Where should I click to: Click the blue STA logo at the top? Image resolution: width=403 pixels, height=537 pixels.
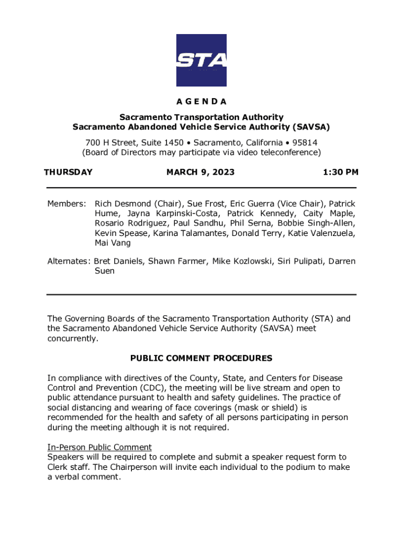[201, 60]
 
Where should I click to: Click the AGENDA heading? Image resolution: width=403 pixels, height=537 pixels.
[201, 101]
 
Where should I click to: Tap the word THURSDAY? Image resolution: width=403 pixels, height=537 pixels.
[68, 172]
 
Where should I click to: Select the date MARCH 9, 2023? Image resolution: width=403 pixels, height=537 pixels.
[200, 172]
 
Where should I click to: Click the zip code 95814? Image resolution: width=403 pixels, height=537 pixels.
[303, 142]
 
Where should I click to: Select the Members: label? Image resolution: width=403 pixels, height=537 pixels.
[66, 203]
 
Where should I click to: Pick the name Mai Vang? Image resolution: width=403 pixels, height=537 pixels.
[113, 243]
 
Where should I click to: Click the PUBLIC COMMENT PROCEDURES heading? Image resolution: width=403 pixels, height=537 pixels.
[201, 358]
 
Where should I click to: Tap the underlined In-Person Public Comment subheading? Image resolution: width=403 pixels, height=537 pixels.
[99, 447]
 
